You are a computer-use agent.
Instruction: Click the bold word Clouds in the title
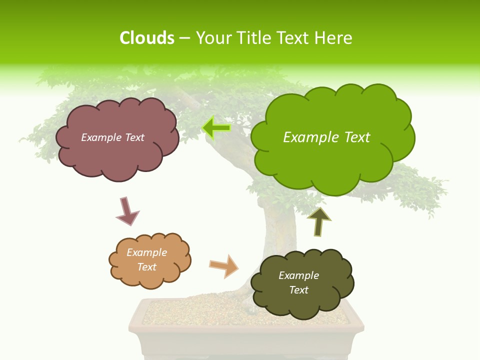146,37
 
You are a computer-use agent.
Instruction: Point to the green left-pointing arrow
216,128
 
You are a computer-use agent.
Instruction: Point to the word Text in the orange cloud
147,267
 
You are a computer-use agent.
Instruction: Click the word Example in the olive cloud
298,275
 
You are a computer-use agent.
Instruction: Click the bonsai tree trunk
275,230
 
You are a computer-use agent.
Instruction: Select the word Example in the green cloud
308,137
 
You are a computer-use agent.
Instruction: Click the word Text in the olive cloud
298,290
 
